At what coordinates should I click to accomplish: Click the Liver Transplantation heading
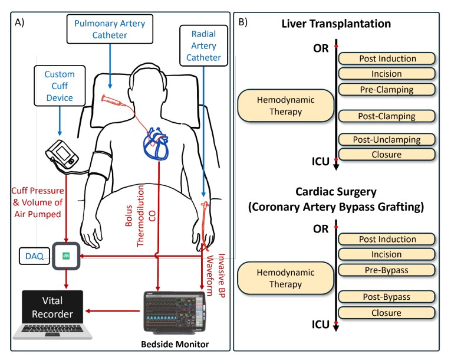(337, 24)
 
